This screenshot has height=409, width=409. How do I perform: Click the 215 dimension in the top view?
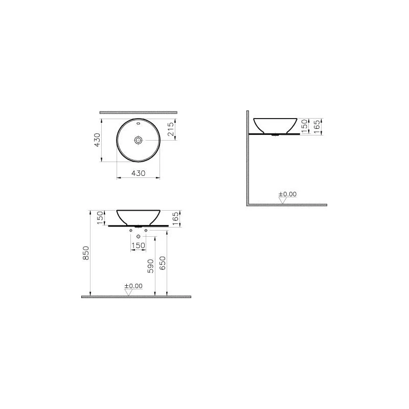170,129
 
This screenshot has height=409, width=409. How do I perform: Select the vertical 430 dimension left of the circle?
97,140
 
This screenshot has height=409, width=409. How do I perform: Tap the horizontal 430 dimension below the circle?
138,173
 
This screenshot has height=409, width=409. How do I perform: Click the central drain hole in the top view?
138,140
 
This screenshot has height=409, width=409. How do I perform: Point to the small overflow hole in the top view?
138,124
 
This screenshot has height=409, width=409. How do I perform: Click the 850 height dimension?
86,253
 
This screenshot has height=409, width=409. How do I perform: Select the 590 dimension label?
151,266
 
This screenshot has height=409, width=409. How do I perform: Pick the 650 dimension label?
162,263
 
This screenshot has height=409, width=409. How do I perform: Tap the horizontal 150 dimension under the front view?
138,245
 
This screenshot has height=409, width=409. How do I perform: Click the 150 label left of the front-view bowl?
100,218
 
